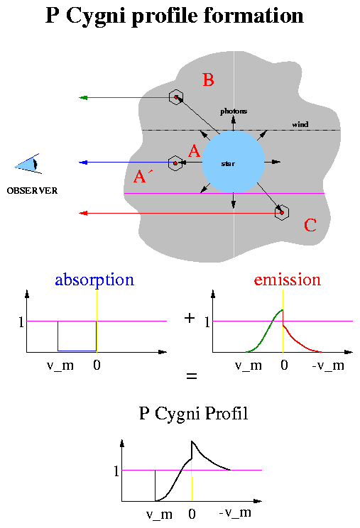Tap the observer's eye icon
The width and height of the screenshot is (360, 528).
click(x=28, y=164)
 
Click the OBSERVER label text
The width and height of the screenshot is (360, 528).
click(x=32, y=191)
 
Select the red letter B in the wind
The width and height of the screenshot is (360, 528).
click(x=208, y=79)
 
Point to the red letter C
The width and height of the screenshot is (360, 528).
click(x=310, y=225)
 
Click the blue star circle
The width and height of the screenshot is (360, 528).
click(x=233, y=162)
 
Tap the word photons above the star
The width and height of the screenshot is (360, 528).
click(x=234, y=111)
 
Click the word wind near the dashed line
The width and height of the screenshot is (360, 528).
click(x=300, y=125)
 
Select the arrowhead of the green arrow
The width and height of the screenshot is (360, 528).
click(x=83, y=98)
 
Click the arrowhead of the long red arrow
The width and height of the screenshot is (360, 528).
click(x=83, y=213)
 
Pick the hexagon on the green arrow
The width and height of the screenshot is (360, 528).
click(x=176, y=97)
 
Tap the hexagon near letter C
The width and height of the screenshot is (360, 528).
click(x=282, y=212)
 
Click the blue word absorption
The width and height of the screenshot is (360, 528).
click(x=94, y=280)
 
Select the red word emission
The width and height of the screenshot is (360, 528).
click(x=288, y=280)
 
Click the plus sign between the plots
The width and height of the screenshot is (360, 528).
click(x=190, y=318)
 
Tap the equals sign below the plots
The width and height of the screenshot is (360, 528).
click(x=191, y=376)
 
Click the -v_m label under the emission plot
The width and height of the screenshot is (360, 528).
click(x=328, y=365)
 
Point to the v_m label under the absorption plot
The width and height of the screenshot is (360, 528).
click(x=60, y=365)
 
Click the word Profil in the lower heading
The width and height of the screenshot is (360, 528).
click(x=227, y=413)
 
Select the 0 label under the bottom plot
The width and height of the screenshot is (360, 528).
click(x=192, y=514)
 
